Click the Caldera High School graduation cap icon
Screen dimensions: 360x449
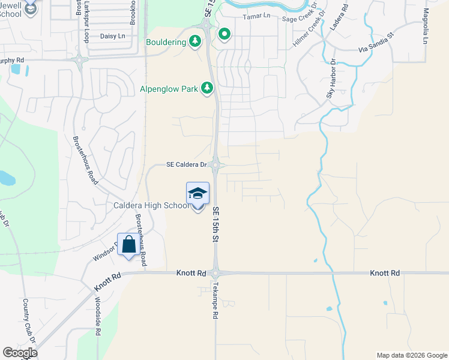click(197, 194)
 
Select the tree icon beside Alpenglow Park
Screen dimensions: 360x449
click(207, 89)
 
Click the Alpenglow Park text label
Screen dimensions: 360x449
click(169, 89)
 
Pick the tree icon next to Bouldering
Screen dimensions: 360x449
click(194, 41)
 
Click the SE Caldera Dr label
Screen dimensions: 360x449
click(187, 165)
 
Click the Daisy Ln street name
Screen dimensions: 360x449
click(112, 37)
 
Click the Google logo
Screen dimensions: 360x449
click(20, 353)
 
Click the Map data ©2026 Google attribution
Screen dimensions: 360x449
click(411, 355)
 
